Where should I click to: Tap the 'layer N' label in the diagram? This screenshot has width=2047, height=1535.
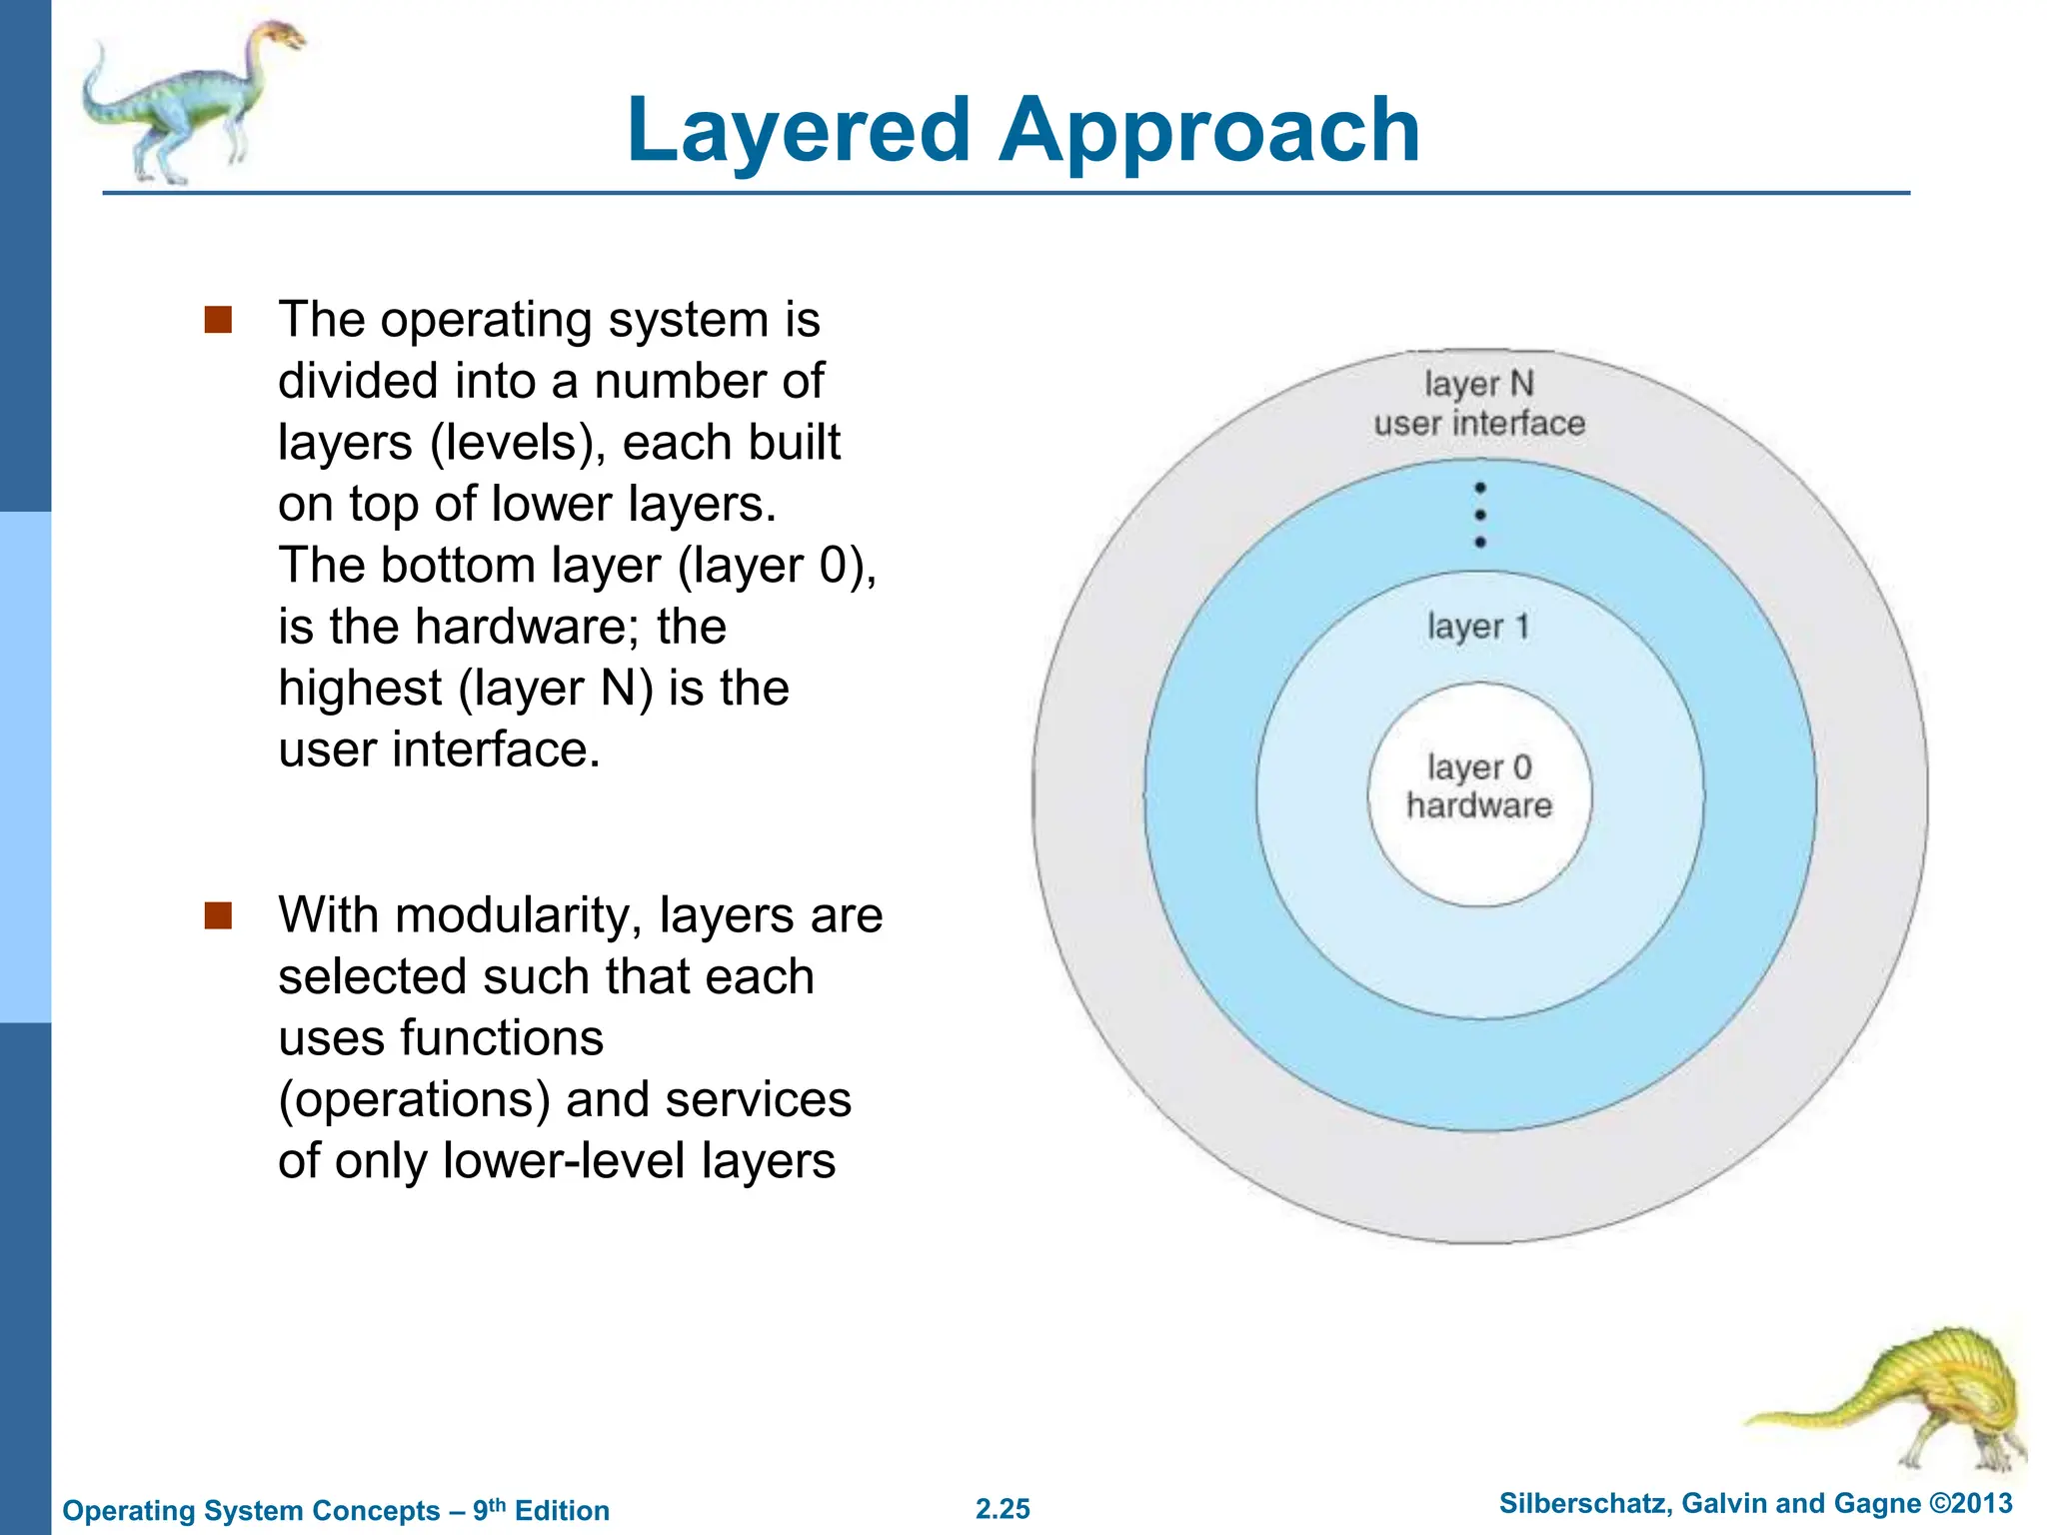click(x=1478, y=384)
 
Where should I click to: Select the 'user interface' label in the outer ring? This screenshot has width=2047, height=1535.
click(x=1479, y=423)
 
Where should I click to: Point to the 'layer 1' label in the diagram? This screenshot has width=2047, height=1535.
click(x=1478, y=627)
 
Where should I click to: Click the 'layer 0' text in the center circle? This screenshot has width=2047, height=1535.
click(x=1478, y=767)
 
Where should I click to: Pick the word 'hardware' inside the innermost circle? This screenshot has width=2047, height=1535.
click(x=1479, y=805)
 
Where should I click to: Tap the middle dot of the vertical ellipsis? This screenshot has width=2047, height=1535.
click(x=1480, y=515)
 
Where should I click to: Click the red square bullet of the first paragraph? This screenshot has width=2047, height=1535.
click(x=218, y=320)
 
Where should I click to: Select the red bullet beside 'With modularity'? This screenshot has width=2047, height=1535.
click(x=218, y=915)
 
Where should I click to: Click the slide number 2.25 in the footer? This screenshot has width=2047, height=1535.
click(x=1003, y=1509)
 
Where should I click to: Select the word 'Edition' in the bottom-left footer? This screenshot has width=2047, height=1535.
click(x=562, y=1510)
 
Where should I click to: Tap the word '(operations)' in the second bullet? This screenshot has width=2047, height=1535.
click(x=415, y=1099)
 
